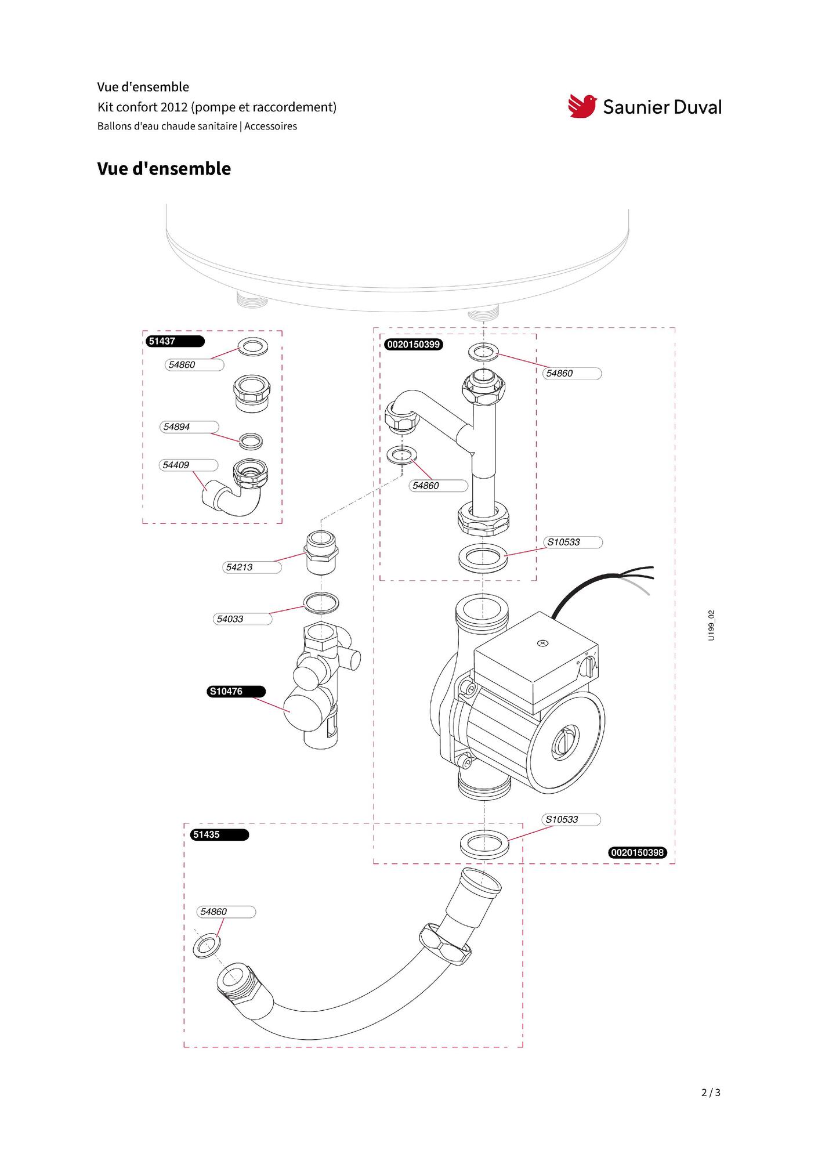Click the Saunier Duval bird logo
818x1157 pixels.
[582, 106]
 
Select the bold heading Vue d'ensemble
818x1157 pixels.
[164, 169]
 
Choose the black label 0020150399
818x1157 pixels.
[414, 345]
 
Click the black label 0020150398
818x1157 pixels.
[638, 852]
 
